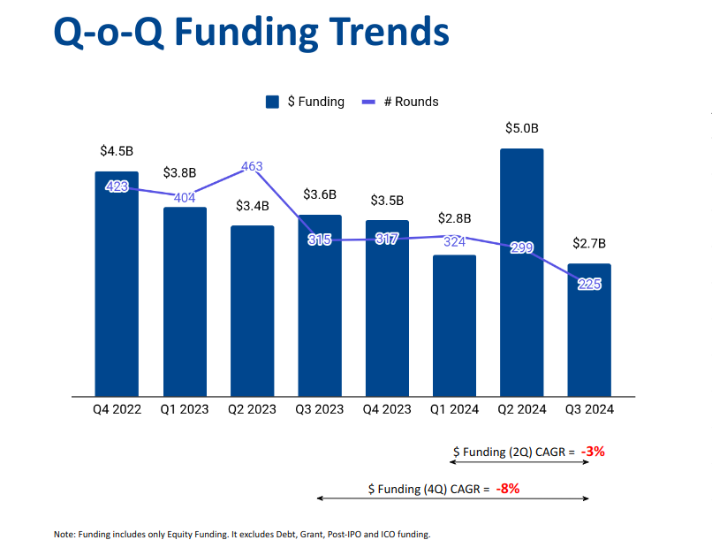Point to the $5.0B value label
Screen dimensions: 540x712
point(521,128)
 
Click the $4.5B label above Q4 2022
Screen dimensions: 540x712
point(117,150)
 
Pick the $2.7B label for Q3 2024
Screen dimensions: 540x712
point(588,243)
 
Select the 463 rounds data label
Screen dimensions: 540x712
point(251,166)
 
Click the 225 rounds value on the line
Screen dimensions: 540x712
point(588,284)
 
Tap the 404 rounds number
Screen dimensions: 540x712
point(184,198)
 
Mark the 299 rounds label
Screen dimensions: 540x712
point(521,247)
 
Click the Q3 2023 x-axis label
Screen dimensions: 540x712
point(319,409)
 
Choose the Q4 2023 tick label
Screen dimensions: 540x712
point(387,409)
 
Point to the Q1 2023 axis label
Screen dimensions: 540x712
point(184,409)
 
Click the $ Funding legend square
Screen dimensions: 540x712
point(272,102)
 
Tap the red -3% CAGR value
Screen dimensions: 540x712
point(593,452)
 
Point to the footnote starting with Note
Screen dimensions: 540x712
point(241,534)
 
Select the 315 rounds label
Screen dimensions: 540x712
point(319,240)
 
